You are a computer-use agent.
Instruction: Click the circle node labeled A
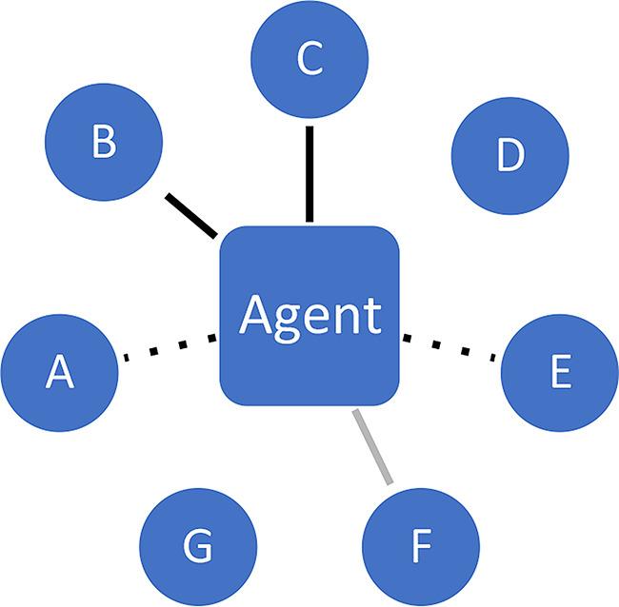(59, 371)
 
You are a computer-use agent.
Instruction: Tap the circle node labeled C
(309, 59)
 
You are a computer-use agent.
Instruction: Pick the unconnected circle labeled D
(509, 155)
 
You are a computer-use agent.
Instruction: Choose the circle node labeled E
(560, 373)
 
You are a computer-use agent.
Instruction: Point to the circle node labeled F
(420, 546)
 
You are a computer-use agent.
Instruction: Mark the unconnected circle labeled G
(198, 546)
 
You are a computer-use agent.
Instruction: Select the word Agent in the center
(309, 315)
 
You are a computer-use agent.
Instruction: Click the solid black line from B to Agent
(191, 216)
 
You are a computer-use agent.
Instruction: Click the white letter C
(309, 59)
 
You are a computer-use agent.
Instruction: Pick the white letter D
(509, 155)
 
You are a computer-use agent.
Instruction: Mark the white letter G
(198, 547)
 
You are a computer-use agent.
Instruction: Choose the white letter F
(421, 547)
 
